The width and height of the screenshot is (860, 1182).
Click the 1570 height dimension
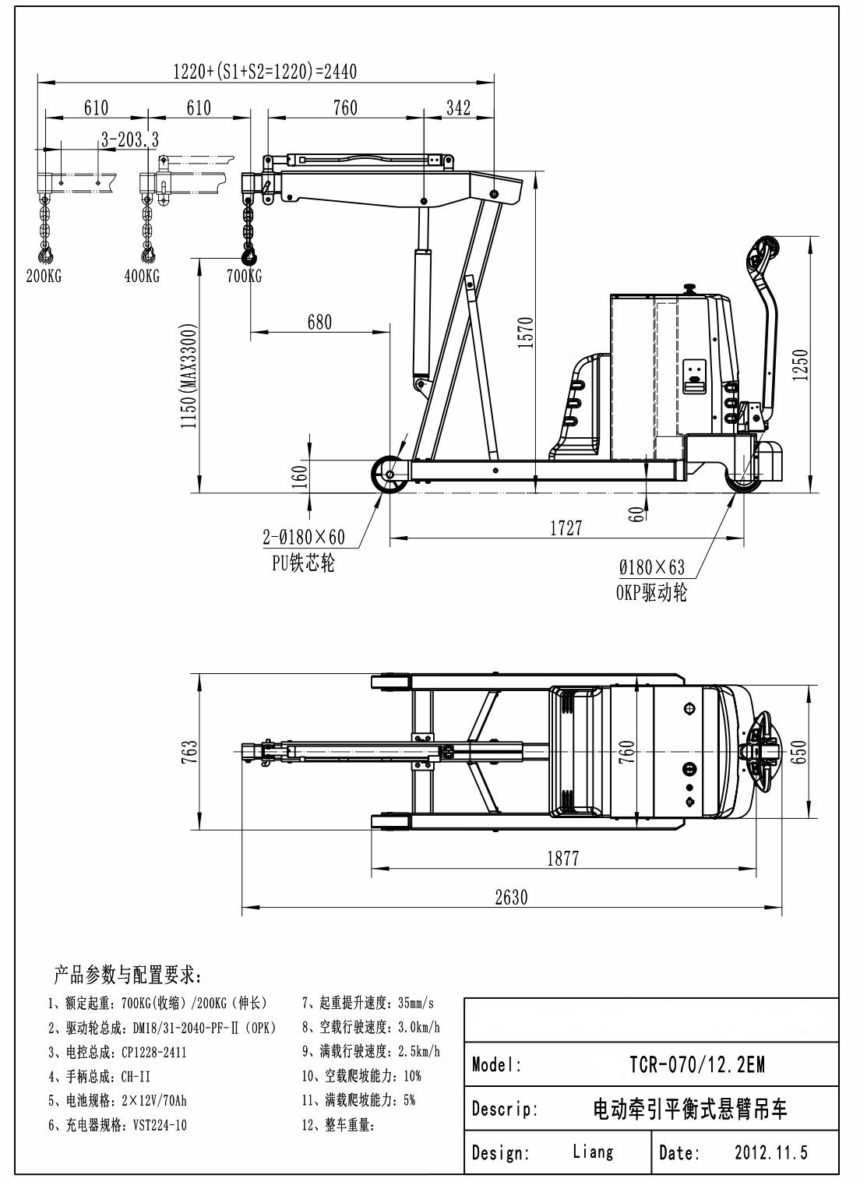(x=526, y=333)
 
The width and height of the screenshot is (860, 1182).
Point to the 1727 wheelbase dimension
(x=566, y=528)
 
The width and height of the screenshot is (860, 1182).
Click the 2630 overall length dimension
(x=511, y=897)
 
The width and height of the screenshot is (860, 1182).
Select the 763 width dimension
(x=190, y=752)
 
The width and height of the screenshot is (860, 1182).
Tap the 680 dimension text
(x=319, y=322)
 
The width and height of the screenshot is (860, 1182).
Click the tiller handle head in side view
(x=762, y=254)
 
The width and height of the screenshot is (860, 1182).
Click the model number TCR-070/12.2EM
(x=696, y=1064)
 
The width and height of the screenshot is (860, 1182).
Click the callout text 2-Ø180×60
(x=304, y=538)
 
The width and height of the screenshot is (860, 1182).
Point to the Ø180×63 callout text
(x=652, y=568)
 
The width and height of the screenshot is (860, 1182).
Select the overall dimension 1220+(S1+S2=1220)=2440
(x=265, y=72)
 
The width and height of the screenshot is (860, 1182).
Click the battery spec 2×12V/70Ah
(x=154, y=1101)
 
